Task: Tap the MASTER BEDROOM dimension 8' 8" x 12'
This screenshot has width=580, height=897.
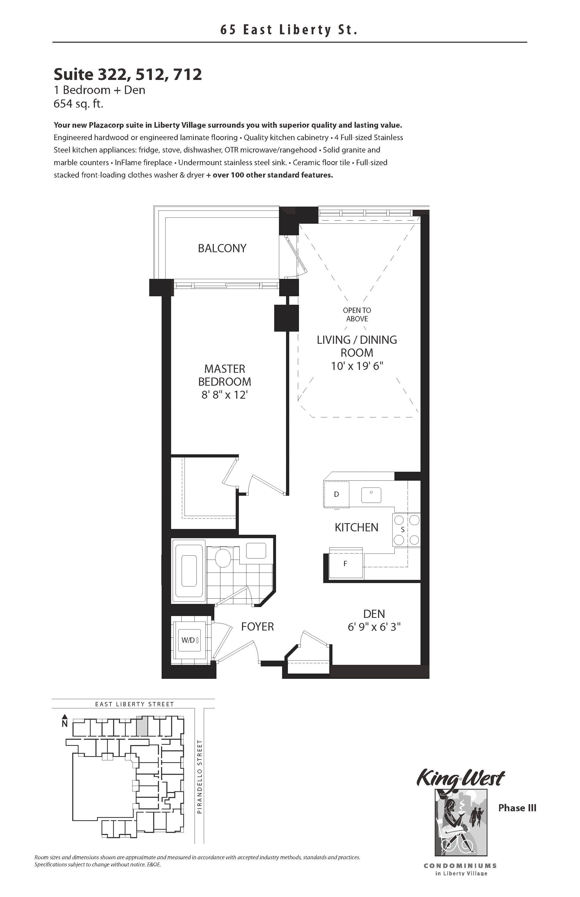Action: click(x=224, y=395)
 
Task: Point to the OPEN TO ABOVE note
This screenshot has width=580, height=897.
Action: click(x=357, y=314)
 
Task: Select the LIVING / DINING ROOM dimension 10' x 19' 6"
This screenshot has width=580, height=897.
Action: click(x=357, y=366)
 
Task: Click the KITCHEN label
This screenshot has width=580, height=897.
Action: click(x=356, y=527)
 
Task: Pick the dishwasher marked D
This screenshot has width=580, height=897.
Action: click(x=336, y=494)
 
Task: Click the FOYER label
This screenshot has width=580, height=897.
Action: click(x=257, y=626)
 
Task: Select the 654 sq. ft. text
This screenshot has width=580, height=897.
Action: click(x=78, y=104)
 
